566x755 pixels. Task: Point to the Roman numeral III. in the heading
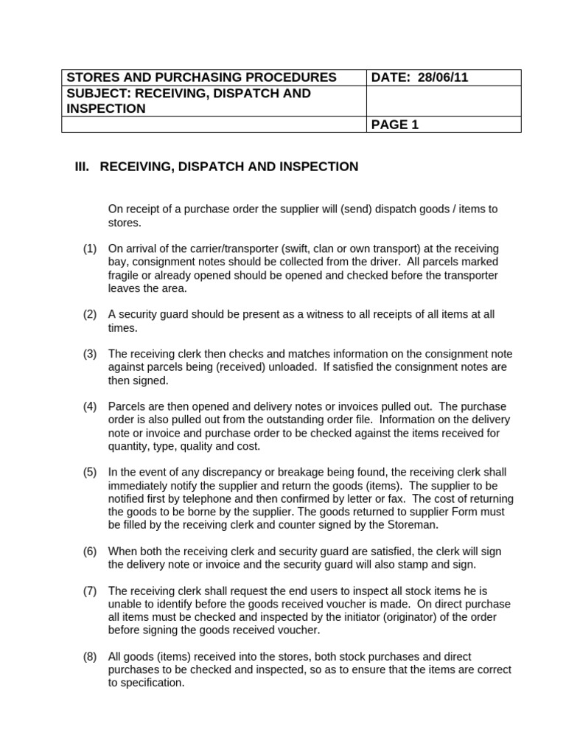coord(82,167)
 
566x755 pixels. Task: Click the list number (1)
coord(90,248)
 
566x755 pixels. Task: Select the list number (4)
coord(90,407)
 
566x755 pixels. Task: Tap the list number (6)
coord(90,552)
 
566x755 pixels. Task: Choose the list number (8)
coord(90,656)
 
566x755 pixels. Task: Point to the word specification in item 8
coord(152,683)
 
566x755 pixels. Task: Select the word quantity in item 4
coord(128,446)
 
